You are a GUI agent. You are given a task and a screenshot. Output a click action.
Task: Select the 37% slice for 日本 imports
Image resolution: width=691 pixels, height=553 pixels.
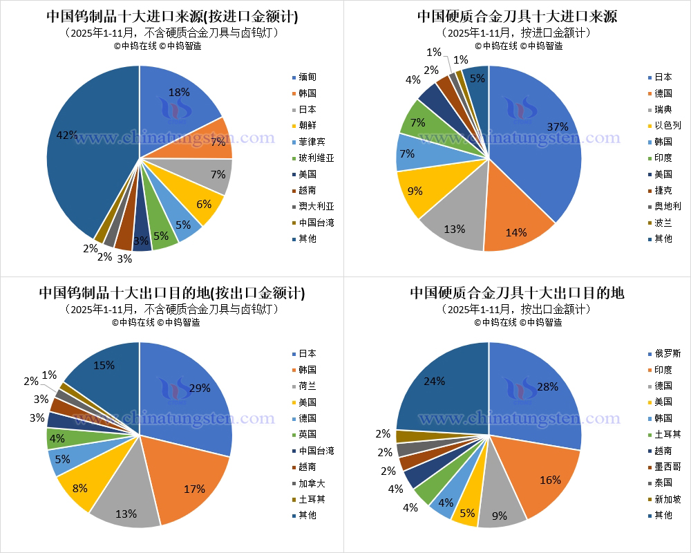tap(539, 138)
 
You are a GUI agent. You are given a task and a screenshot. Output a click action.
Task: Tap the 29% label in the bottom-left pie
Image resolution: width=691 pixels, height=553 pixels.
tap(200, 388)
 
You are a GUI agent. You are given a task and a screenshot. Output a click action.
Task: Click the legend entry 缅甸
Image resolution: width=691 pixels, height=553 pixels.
tap(308, 77)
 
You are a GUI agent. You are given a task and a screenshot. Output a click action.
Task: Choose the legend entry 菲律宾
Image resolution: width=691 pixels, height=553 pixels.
tap(312, 142)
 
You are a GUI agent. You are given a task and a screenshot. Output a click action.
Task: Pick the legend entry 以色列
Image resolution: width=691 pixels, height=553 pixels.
tap(668, 125)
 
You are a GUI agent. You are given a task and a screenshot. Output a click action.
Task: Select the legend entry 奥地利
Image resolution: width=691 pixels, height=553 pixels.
tap(668, 206)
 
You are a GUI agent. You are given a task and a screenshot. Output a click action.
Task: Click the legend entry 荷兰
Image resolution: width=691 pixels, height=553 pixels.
tap(308, 386)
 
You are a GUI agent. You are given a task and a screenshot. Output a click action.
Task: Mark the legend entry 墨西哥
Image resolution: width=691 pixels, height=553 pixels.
tap(668, 467)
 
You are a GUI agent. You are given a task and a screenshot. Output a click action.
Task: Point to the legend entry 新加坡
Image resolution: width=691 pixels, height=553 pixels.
tap(668, 498)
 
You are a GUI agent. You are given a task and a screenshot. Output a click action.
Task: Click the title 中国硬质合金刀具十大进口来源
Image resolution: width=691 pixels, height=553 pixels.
tap(517, 16)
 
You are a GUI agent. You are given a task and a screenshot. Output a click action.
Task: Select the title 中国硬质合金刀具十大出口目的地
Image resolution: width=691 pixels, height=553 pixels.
tap(517, 292)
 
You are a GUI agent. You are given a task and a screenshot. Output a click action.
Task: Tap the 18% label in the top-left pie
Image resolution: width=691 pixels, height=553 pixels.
tap(179, 93)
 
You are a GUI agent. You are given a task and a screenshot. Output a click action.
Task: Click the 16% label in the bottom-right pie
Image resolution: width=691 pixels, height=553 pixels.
tap(550, 480)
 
